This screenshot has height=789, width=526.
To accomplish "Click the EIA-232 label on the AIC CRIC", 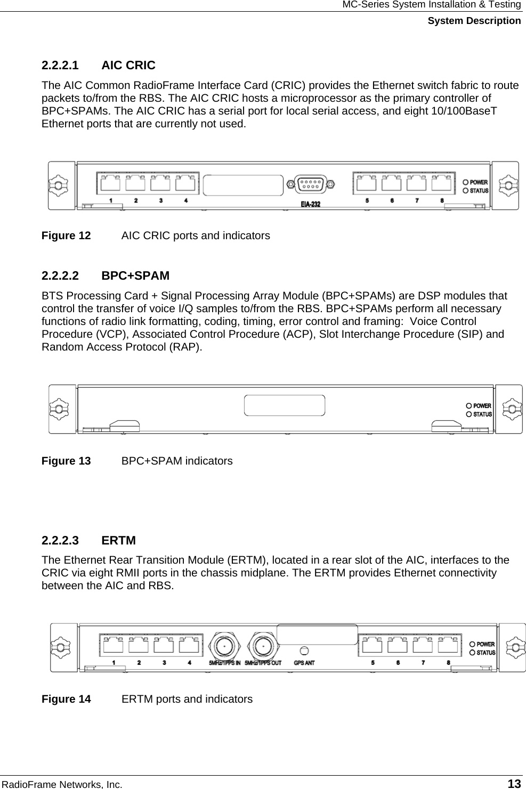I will (310, 204).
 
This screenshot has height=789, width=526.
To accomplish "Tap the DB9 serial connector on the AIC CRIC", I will (310, 184).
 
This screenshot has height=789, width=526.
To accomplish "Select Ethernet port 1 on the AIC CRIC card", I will (110, 184).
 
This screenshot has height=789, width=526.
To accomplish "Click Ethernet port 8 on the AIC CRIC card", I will (442, 184).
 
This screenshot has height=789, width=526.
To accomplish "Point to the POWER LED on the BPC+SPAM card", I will (470, 406).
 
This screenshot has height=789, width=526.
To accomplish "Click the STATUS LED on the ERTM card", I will (472, 653).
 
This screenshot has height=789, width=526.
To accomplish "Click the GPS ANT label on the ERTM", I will (304, 663).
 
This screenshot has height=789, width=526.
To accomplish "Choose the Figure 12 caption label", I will (66, 235).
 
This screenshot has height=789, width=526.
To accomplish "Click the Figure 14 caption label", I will (66, 699).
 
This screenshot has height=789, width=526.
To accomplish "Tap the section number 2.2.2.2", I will (60, 276).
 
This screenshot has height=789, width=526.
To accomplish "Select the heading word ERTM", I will (118, 541).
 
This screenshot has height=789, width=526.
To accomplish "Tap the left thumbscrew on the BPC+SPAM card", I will (59, 409).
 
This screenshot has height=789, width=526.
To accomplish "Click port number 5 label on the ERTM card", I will (373, 663).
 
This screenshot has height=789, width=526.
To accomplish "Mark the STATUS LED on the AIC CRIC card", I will (465, 191).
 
